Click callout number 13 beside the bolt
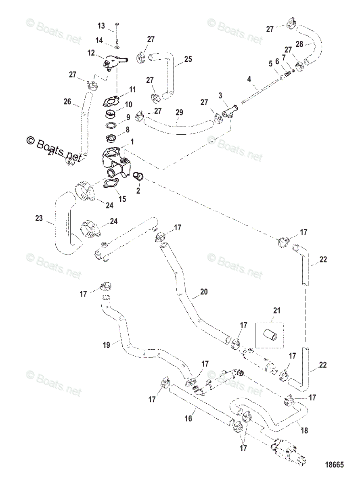(101, 26)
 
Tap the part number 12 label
(91, 53)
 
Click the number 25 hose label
(188, 59)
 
